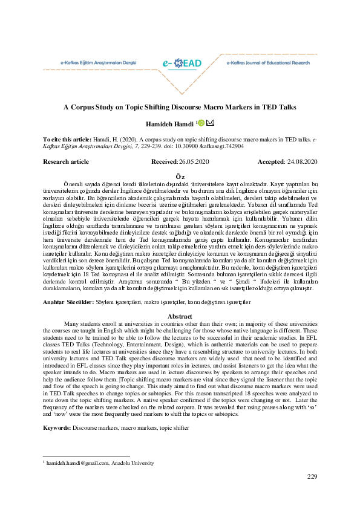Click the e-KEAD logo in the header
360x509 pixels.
click(x=179, y=63)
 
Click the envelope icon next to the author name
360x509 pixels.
click(x=210, y=123)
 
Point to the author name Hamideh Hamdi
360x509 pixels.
click(x=170, y=124)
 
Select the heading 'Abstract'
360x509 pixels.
click(x=180, y=316)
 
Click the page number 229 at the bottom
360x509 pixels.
click(x=312, y=477)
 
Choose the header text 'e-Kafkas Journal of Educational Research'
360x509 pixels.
click(x=267, y=62)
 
